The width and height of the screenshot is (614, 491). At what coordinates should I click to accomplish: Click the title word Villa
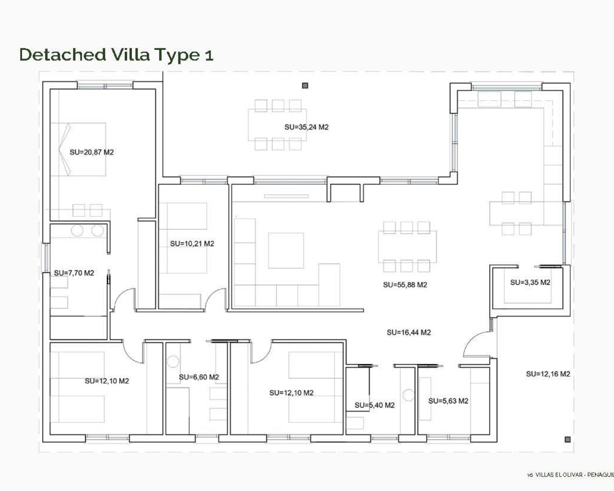(x=130, y=54)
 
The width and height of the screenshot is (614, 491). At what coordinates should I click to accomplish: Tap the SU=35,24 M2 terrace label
(x=306, y=127)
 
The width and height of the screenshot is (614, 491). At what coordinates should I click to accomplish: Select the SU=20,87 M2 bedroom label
(x=92, y=152)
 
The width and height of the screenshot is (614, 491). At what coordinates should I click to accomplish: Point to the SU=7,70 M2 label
(x=74, y=273)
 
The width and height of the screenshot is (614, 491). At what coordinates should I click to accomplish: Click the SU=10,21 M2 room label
(x=192, y=244)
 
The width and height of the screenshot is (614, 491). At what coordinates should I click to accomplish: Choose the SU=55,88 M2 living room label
(x=405, y=285)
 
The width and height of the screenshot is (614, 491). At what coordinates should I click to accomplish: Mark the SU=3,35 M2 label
(x=530, y=282)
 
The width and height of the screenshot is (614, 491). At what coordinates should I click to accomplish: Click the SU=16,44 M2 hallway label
(x=409, y=332)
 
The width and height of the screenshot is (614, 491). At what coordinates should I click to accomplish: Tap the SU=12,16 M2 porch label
(x=548, y=374)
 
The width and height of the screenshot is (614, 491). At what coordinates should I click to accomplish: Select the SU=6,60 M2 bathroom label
(x=199, y=377)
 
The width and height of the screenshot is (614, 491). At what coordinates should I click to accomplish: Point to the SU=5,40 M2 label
(x=375, y=405)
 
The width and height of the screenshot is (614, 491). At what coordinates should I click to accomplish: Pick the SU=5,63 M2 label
(x=448, y=401)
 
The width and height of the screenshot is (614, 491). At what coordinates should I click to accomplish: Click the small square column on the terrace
(x=305, y=86)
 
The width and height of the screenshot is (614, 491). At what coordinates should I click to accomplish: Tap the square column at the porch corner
(x=567, y=439)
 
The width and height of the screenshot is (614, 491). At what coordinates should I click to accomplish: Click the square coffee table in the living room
(x=286, y=251)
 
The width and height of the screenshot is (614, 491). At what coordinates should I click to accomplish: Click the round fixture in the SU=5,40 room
(x=408, y=395)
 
